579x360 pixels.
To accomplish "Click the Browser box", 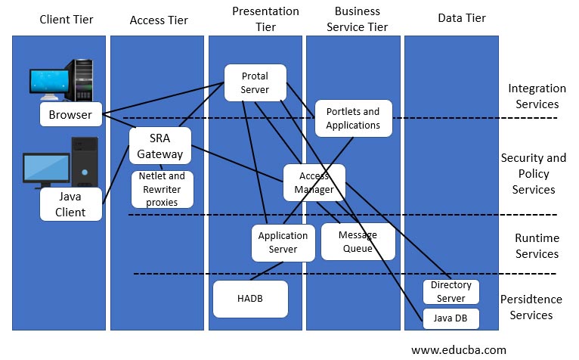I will (70, 115).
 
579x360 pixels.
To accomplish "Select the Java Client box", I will (70, 204).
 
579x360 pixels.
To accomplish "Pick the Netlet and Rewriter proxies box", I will (163, 189).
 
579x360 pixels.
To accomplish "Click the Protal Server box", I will (255, 83).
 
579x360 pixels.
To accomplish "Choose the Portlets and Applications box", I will (353, 118).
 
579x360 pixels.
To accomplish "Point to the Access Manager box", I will (314, 182).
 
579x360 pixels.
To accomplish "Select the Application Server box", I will (283, 242).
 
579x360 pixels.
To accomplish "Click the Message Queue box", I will (358, 241).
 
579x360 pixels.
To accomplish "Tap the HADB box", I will (250, 299).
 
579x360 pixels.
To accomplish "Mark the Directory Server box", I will (451, 291).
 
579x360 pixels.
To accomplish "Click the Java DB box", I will (451, 318).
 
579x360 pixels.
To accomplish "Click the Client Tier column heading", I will (67, 19).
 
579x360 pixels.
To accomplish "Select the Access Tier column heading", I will (158, 19).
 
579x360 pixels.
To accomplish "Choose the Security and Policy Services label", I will (533, 173).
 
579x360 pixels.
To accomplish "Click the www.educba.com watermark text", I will (459, 349).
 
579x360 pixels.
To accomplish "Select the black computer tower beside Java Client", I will (84, 160).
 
